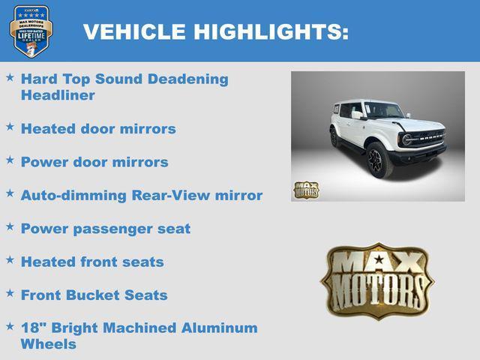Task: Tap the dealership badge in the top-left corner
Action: (x=31, y=31)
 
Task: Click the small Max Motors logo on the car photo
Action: (x=305, y=190)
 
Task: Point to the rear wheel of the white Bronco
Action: (x=334, y=138)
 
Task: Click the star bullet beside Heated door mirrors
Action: (x=10, y=127)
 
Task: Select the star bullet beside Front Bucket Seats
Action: (x=10, y=293)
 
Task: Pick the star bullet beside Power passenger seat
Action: (x=10, y=226)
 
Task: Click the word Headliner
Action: (x=58, y=95)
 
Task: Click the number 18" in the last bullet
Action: (x=32, y=328)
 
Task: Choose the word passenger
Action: (x=112, y=229)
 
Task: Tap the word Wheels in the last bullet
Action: (x=48, y=344)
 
